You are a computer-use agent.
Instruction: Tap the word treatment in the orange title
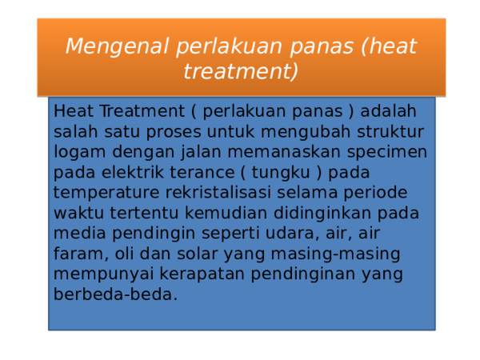point(240,72)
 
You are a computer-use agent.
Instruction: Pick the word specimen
point(389,152)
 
